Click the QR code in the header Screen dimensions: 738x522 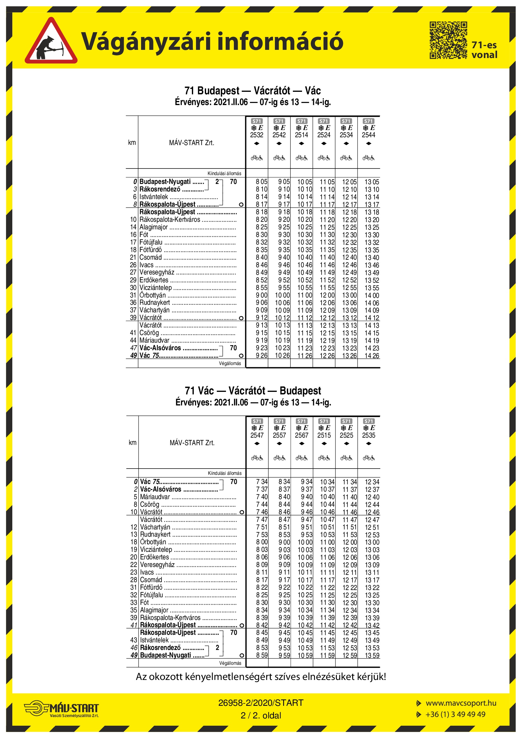pyautogui.click(x=448, y=40)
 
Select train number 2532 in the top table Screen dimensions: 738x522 pyautogui.click(x=257, y=135)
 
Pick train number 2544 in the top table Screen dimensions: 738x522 pyautogui.click(x=368, y=135)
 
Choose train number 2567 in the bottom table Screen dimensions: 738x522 pyautogui.click(x=301, y=435)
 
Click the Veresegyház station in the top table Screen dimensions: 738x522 pyautogui.click(x=157, y=272)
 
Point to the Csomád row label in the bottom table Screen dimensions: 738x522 pyautogui.click(x=151, y=580)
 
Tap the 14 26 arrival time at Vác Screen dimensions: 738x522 pyautogui.click(x=371, y=356)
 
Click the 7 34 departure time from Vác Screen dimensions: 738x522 pyautogui.click(x=262, y=482)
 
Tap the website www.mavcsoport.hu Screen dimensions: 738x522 pyautogui.click(x=461, y=703)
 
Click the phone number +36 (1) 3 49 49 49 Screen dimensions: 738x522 pyautogui.click(x=455, y=714)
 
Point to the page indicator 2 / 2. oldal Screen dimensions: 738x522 pyautogui.click(x=261, y=716)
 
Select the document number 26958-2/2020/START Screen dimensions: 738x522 pyautogui.click(x=261, y=703)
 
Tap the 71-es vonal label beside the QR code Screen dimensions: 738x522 pyautogui.click(x=484, y=50)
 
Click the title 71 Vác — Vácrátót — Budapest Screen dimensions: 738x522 pyautogui.click(x=253, y=391)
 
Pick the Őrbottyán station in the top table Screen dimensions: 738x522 pyautogui.click(x=153, y=295)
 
